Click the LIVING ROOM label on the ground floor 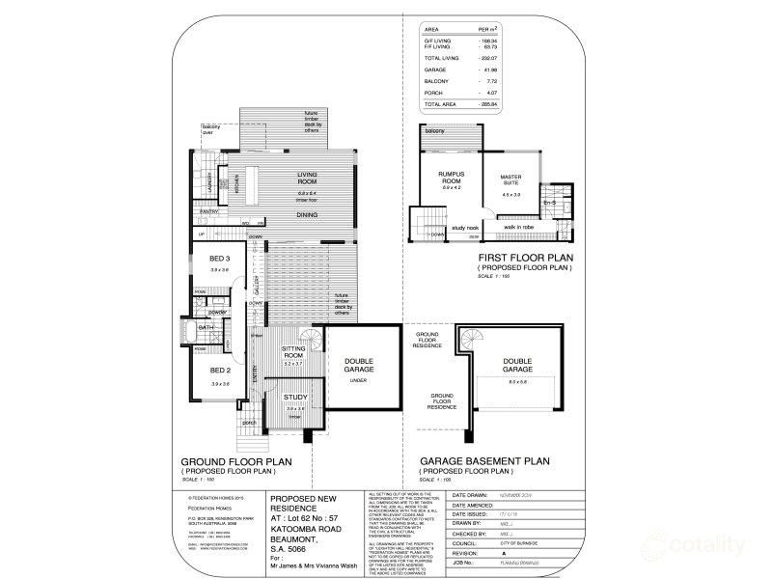pos(307,179)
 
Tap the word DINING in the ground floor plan pos(307,214)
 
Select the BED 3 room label pos(219,260)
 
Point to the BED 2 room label pos(219,370)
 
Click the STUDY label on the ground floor pos(295,398)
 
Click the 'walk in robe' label pos(519,228)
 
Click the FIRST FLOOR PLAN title pos(526,258)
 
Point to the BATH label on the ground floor pos(205,328)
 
